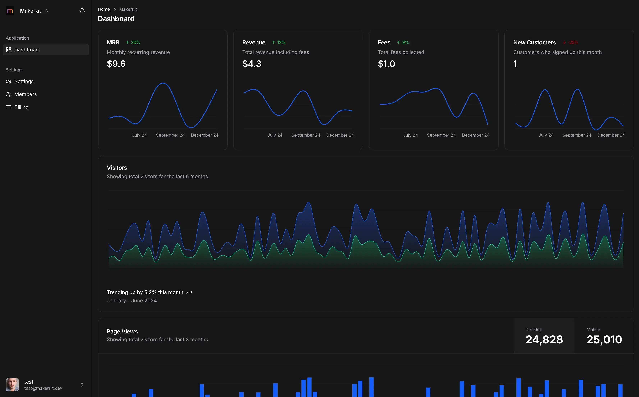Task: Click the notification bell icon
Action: [82, 11]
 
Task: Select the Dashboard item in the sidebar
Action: [27, 50]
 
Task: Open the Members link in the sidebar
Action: [25, 94]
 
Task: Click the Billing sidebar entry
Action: [21, 107]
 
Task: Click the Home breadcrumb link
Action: [104, 9]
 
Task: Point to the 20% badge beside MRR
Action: [133, 42]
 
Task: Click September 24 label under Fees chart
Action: [441, 135]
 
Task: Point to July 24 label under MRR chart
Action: [139, 135]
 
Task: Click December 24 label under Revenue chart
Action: [340, 135]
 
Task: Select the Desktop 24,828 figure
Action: [544, 339]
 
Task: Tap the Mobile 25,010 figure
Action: [604, 339]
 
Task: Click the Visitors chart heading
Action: [117, 168]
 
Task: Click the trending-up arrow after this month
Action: [189, 292]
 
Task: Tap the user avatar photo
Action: [12, 385]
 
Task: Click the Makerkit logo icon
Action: [10, 11]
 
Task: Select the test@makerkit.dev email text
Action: [43, 388]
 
